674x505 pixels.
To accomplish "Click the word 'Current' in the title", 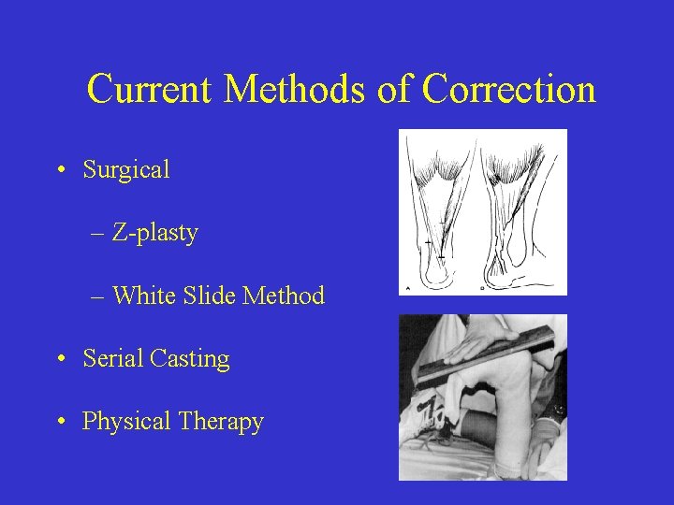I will pos(151,90).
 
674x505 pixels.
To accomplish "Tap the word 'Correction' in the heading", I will pos(508,90).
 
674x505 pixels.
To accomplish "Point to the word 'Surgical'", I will pos(126,170).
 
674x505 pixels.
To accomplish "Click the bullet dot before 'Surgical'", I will pos(60,170).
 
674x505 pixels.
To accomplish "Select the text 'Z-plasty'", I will pos(155,233).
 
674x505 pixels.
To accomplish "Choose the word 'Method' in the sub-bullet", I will pos(284,296).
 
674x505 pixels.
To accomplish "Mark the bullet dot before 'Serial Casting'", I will pos(60,358).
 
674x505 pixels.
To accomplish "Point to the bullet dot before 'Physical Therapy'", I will pos(60,422).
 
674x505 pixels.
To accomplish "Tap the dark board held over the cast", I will pos(487,360).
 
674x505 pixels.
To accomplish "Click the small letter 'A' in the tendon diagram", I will pos(406,287).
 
